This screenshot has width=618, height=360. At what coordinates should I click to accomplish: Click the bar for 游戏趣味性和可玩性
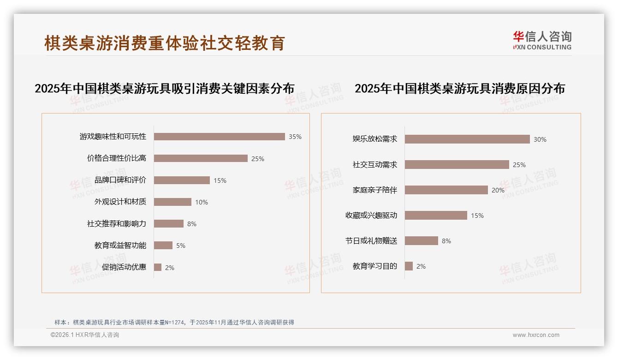point(219,137)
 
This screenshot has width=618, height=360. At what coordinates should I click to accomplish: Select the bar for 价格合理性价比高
point(201,158)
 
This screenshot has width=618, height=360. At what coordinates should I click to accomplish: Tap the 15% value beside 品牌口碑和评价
point(220,180)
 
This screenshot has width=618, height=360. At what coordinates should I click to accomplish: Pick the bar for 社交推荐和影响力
point(168,224)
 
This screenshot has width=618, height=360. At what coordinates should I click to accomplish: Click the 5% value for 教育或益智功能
point(181,246)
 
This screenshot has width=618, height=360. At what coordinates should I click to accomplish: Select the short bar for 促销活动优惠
point(158,268)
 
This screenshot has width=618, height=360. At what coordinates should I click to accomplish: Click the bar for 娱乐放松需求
point(467,139)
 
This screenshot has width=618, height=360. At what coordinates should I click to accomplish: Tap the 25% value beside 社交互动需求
point(519,165)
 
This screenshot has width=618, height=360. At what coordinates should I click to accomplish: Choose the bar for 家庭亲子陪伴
point(446,190)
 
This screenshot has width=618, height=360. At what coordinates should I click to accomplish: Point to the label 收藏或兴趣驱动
point(371,216)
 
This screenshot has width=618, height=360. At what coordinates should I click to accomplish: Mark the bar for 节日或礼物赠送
point(421,241)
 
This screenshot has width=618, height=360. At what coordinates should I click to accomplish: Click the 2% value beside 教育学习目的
point(421,266)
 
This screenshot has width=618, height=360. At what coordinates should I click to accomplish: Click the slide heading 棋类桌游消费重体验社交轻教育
point(165,43)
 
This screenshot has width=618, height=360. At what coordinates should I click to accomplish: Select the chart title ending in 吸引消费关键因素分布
point(165,89)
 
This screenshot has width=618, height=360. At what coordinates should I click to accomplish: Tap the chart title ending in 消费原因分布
point(459,89)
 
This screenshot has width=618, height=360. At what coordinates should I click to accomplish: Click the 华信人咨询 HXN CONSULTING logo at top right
point(542,40)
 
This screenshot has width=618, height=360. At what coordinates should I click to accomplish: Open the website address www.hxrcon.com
point(536,335)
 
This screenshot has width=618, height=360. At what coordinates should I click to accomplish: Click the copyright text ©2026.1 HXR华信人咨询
point(85,335)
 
